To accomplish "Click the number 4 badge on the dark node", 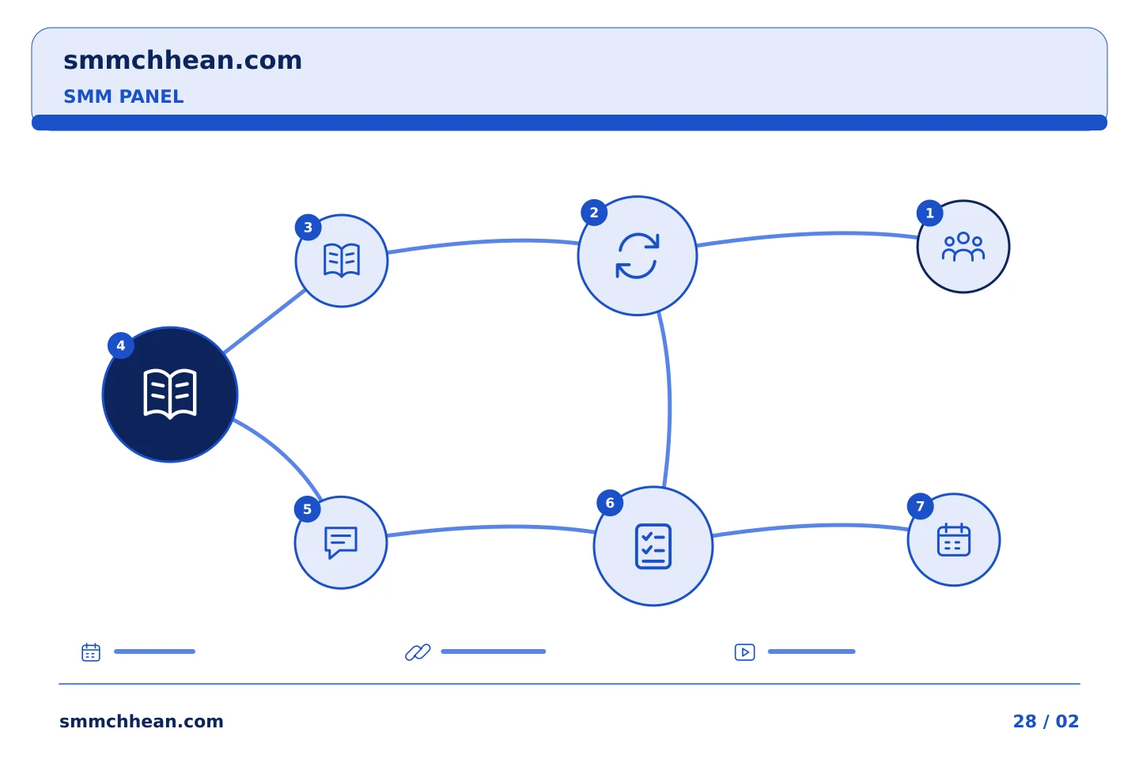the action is click(120, 346).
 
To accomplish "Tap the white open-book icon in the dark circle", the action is click(170, 394).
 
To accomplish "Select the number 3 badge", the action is click(308, 227).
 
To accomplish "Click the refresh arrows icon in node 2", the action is click(638, 255).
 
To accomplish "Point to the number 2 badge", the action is click(594, 213).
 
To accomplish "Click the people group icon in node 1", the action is click(963, 247).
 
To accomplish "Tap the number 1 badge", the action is click(929, 213).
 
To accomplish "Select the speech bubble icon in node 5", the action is click(341, 542).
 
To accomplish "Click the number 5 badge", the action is click(307, 509).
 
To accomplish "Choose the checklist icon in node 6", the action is click(653, 546).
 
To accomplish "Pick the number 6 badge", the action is click(610, 503).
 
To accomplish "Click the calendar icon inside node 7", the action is click(953, 539).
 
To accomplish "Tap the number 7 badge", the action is click(920, 506).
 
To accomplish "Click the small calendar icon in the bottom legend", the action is click(91, 651).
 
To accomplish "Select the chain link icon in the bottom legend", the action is click(418, 651).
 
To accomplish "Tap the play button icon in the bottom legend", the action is click(744, 651).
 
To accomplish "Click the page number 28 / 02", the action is click(1046, 721).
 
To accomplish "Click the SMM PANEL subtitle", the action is click(123, 96).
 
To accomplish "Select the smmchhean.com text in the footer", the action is click(142, 721).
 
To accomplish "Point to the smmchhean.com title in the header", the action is click(183, 60).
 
